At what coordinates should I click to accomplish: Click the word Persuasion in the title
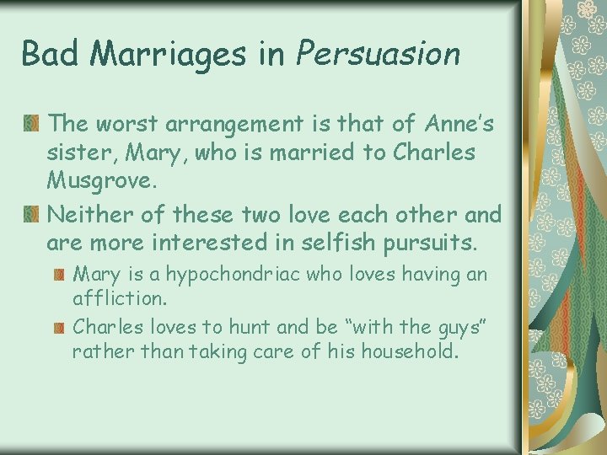point(379,54)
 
